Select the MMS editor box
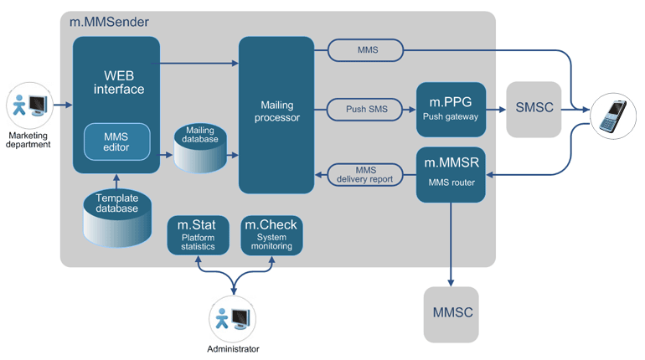(x=116, y=141)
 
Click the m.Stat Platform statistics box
(x=198, y=235)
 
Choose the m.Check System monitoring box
(x=271, y=235)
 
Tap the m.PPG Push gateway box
(x=451, y=108)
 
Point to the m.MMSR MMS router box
(x=451, y=174)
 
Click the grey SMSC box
(x=534, y=110)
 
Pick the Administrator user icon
(x=232, y=319)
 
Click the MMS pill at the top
(x=367, y=50)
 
